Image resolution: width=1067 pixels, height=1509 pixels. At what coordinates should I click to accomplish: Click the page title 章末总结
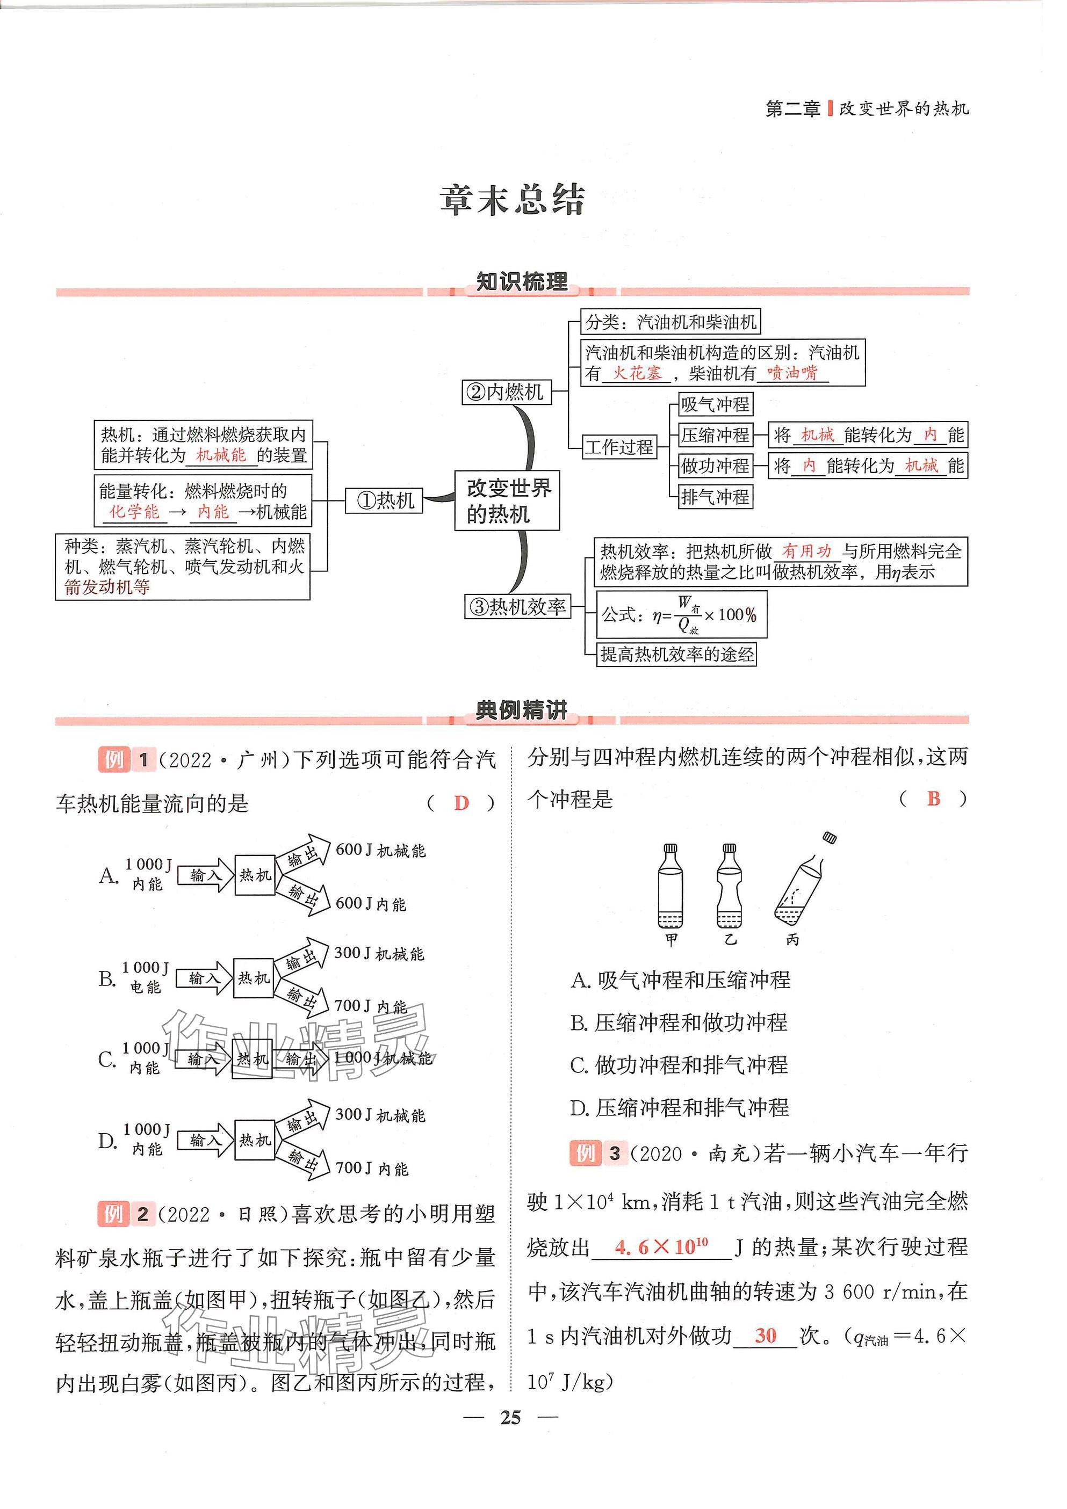512,200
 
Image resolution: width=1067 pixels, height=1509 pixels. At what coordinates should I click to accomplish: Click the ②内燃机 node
506,393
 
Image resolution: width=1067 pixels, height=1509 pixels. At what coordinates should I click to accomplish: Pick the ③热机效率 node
518,606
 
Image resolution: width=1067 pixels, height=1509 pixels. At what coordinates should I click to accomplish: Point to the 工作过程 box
619,447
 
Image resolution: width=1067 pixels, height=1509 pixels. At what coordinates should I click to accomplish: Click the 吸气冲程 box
715,404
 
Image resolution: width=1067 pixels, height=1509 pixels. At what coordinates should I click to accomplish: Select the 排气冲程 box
715,497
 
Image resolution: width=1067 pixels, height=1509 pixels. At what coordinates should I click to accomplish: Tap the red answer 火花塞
637,373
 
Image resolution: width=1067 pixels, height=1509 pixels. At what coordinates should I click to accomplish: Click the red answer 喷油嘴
792,373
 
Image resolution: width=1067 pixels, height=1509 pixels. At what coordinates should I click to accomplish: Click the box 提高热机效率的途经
676,654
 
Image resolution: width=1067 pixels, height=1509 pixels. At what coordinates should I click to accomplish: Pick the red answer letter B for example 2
934,799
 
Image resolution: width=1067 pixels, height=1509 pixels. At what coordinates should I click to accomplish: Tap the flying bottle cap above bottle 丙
830,837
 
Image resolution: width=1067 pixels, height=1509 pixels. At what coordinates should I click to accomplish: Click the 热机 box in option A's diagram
255,875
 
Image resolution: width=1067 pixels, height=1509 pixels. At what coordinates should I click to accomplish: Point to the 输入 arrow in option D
205,1140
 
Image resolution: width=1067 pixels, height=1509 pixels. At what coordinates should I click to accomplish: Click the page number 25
510,1418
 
